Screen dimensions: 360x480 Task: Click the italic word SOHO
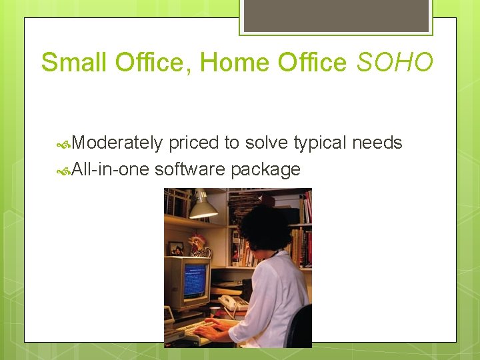point(395,63)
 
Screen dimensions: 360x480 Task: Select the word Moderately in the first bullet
point(117,143)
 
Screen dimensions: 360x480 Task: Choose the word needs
point(377,143)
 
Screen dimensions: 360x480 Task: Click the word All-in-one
point(111,169)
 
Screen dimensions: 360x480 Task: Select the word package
point(265,169)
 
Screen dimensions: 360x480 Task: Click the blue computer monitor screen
point(195,280)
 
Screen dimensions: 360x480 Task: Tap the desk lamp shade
point(203,209)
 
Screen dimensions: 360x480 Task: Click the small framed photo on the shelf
point(175,248)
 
